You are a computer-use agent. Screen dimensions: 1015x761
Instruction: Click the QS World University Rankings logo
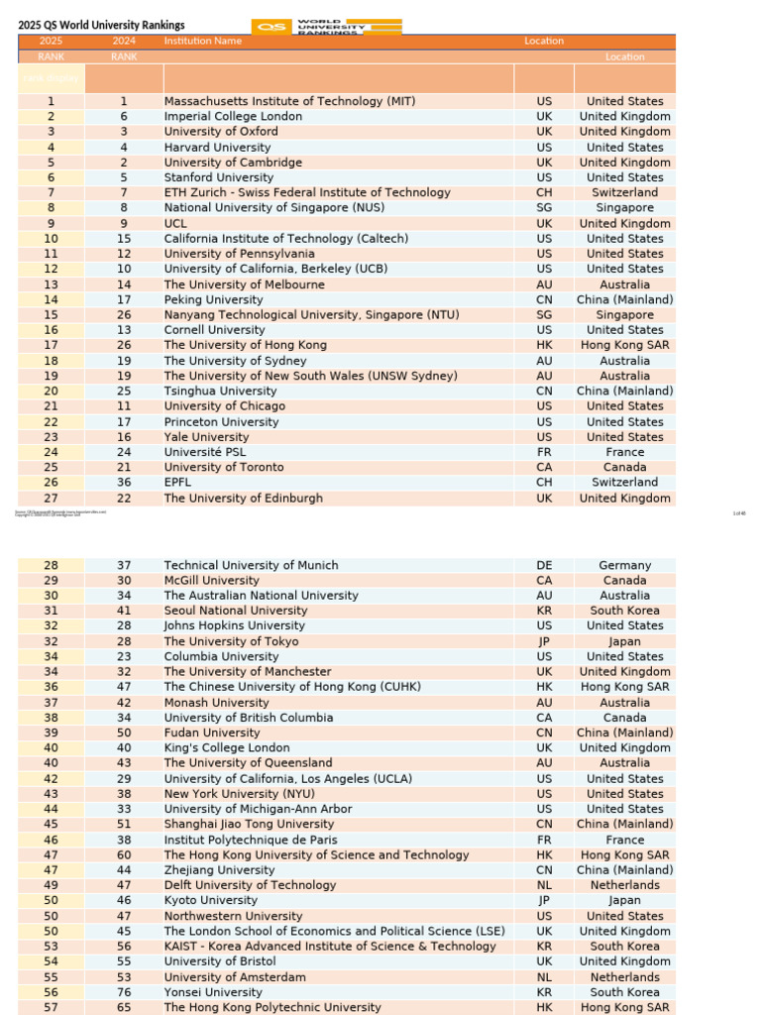click(x=327, y=27)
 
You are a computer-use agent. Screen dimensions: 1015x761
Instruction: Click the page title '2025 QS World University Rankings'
click(x=101, y=25)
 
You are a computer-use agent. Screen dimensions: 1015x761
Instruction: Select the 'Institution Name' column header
click(x=202, y=41)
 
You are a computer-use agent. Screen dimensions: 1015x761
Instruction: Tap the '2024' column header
click(x=124, y=41)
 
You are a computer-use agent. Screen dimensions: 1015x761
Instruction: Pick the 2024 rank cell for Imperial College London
click(x=124, y=116)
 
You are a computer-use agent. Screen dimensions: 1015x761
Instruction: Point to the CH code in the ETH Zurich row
click(x=544, y=192)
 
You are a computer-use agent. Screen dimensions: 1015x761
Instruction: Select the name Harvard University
click(x=217, y=147)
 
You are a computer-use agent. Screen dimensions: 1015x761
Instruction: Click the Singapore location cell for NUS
click(x=624, y=208)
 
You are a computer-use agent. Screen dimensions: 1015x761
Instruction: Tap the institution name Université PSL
click(x=207, y=452)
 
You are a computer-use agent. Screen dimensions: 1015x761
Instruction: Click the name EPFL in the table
click(x=179, y=483)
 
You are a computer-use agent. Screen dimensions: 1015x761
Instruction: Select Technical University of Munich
click(x=251, y=565)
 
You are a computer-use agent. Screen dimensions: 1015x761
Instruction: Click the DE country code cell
click(x=544, y=565)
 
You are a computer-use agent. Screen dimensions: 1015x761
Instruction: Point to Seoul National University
click(x=236, y=611)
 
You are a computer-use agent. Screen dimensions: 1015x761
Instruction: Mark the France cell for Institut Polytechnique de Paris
click(x=624, y=840)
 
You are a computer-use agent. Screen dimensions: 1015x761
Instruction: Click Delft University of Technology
click(x=250, y=885)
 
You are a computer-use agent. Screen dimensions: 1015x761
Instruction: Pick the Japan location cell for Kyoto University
click(x=624, y=900)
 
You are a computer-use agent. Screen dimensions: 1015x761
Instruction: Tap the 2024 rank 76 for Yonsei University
click(x=124, y=992)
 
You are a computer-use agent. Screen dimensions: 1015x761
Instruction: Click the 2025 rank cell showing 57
click(x=51, y=1007)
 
